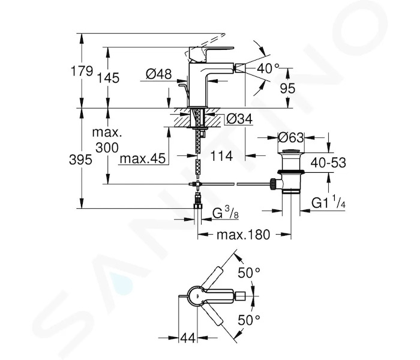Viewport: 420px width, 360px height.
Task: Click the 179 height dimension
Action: tap(82, 71)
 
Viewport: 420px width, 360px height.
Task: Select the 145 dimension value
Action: tap(108, 78)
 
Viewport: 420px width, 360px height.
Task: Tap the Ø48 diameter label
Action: tap(158, 74)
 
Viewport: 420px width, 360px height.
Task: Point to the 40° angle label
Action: tap(268, 69)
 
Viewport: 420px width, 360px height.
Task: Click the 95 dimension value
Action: tap(287, 88)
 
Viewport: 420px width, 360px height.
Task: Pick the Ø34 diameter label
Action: tap(239, 119)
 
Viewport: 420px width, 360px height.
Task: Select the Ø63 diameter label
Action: tap(291, 137)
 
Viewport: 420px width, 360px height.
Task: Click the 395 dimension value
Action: tap(80, 160)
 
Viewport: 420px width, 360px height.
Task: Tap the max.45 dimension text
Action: tap(143, 158)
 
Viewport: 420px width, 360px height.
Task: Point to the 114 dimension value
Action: tap(221, 156)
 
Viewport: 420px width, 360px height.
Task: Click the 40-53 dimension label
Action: tap(328, 163)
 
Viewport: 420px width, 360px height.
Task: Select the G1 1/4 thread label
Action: tap(328, 203)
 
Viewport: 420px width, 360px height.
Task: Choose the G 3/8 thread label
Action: tap(225, 214)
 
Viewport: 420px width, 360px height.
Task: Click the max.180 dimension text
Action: tap(243, 235)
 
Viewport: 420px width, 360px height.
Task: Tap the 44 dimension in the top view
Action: tap(188, 338)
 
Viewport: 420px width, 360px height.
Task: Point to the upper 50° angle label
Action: tap(249, 273)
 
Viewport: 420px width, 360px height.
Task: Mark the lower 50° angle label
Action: tap(249, 320)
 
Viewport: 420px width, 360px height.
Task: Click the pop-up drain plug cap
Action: tap(291, 152)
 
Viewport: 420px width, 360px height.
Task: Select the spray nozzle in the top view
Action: tap(240, 296)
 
